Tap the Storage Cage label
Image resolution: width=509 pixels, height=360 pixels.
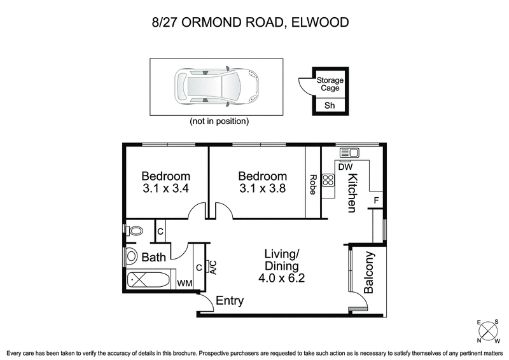330,85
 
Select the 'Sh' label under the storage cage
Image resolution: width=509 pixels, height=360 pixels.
330,106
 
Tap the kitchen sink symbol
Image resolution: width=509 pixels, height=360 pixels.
349,153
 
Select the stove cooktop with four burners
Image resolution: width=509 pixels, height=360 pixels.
328,181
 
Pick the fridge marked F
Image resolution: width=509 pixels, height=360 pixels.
376,201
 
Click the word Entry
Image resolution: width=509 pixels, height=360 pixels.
230,301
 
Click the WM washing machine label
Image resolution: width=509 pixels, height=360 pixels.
184,282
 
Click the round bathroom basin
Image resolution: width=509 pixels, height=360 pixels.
132,256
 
